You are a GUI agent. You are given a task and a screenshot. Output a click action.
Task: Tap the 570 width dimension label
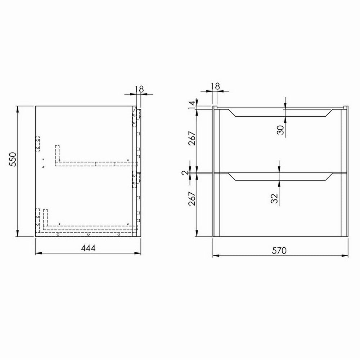coord(279,251)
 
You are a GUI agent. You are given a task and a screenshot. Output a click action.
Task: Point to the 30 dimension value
coord(281,129)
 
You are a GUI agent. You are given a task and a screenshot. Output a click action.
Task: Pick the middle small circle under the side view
coord(88,234)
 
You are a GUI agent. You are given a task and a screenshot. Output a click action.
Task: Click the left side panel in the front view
coord(216,173)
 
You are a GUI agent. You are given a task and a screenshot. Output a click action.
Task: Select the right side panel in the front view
coord(344,173)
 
